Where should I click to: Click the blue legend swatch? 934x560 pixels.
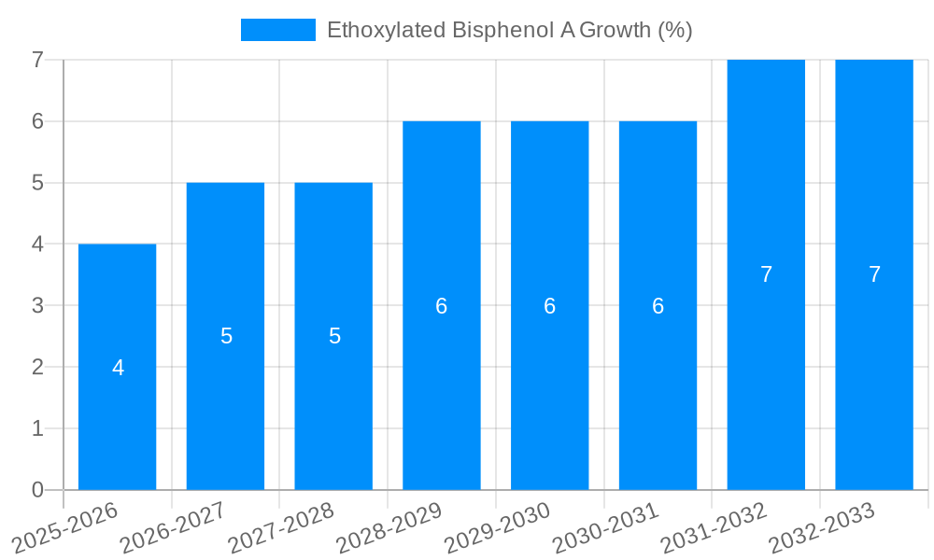pos(278,30)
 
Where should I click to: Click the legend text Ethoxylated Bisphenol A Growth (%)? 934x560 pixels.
pos(509,30)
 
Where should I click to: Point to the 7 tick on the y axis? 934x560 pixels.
pos(37,60)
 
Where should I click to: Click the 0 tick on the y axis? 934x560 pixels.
pos(37,490)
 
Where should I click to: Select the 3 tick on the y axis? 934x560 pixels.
pos(37,305)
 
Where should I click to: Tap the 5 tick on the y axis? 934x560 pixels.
pos(37,183)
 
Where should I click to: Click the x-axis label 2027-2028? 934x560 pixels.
pos(280,529)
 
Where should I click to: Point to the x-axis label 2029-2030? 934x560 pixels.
pos(497,529)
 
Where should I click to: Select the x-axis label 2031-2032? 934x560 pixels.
pos(714,529)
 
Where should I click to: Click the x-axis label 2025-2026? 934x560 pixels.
pos(64,529)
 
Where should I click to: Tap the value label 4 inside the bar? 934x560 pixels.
pos(118,368)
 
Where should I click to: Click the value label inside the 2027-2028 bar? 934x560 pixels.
pos(334,336)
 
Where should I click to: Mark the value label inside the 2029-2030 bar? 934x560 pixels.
pos(550,306)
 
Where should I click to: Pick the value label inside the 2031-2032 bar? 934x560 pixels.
pos(766,274)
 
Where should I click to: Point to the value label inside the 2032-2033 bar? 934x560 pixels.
pos(874,274)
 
